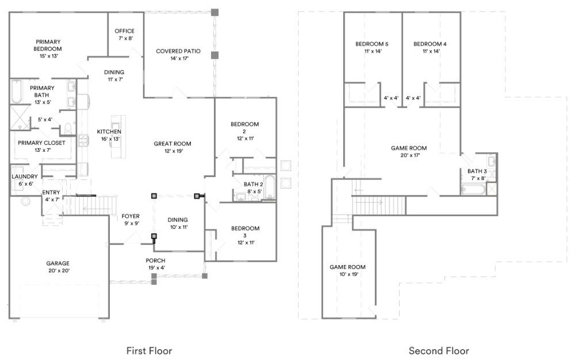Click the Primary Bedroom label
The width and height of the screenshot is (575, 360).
(48, 45)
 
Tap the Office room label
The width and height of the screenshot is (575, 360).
(124, 35)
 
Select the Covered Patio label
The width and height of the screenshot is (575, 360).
(178, 55)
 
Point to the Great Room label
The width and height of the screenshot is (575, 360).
(172, 147)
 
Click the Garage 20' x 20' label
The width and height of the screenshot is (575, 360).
(58, 267)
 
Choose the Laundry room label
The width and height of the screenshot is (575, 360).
(24, 179)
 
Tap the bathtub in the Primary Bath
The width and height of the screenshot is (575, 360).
(16, 92)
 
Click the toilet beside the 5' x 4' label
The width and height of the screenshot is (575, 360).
(67, 127)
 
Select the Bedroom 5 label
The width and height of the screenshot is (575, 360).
(372, 47)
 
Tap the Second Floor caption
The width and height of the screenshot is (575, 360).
(439, 350)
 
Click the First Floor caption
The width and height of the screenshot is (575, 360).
(149, 350)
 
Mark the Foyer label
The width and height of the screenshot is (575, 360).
(131, 220)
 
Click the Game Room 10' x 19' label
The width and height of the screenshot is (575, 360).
(347, 270)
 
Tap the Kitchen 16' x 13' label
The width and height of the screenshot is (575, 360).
(109, 135)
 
